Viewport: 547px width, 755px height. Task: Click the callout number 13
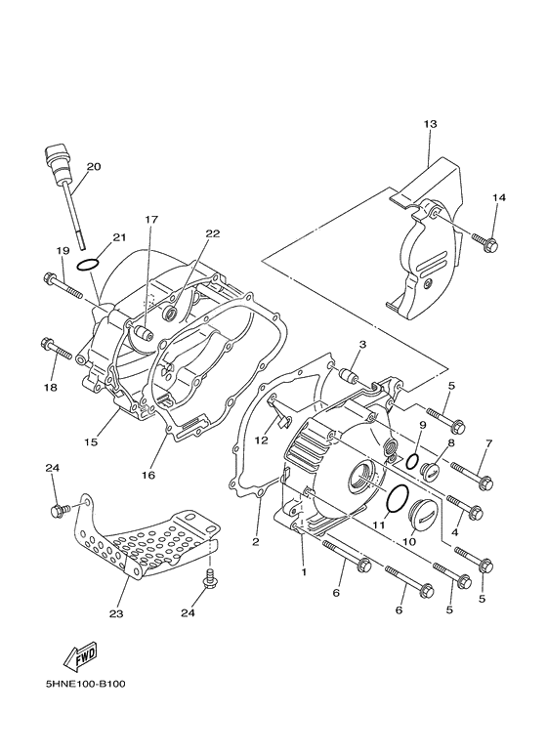click(430, 124)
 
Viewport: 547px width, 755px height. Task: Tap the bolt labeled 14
click(485, 239)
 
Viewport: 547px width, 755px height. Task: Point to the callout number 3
click(361, 345)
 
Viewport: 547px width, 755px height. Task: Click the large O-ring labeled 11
click(396, 498)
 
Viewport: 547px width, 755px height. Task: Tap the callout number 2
click(256, 541)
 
